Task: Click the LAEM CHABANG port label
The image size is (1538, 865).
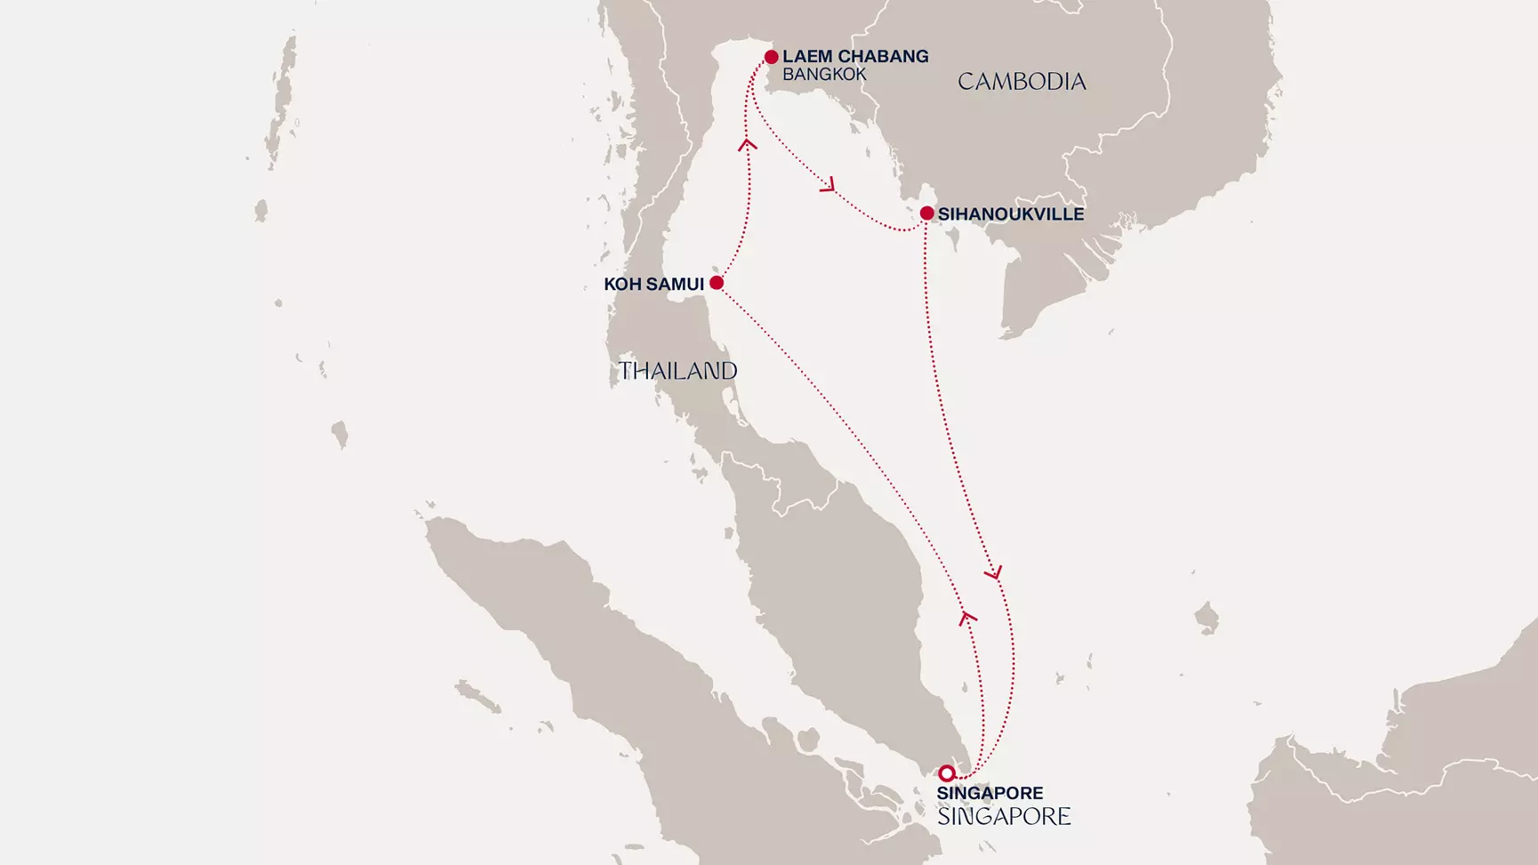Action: click(854, 56)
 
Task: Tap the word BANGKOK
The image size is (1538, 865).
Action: click(824, 75)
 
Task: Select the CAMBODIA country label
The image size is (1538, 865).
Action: click(1022, 82)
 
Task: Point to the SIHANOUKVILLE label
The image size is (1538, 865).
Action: click(1010, 214)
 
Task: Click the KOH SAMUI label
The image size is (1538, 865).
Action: click(653, 285)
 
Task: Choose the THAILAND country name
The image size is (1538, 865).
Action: click(677, 371)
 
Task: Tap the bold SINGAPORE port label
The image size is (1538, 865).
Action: click(990, 793)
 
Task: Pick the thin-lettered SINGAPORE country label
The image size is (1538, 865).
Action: click(1004, 816)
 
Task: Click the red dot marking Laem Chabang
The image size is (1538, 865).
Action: click(771, 57)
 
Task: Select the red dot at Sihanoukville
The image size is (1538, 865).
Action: click(927, 214)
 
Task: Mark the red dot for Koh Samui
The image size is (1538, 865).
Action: click(716, 283)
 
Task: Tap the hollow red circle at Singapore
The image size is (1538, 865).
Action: click(947, 773)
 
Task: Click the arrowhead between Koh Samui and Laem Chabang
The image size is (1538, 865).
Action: click(748, 143)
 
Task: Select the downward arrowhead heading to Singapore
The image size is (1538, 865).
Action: click(994, 573)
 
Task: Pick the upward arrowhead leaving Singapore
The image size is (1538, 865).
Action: click(967, 616)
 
